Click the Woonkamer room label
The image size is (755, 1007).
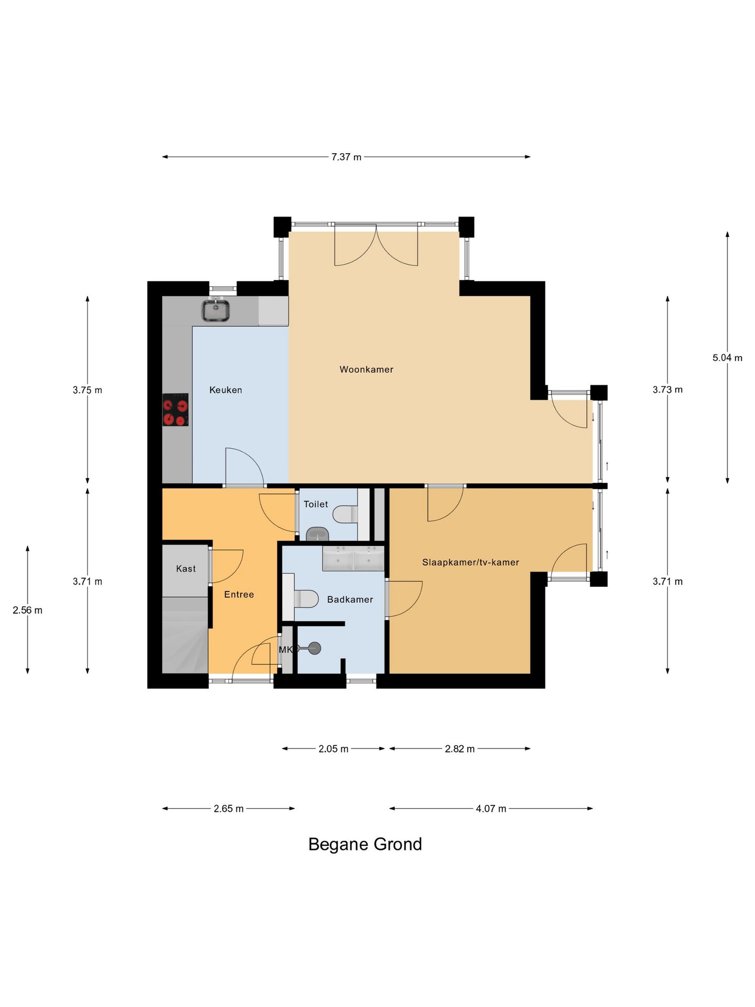366,369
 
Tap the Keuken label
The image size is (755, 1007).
225,390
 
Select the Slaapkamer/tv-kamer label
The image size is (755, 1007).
470,562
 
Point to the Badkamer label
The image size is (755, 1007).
350,599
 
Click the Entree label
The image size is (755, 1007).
239,594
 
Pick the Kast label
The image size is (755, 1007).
186,569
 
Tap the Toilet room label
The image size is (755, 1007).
316,504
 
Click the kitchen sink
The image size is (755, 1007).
215,309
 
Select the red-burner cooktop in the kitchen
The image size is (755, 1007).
175,410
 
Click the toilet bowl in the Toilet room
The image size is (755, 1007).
345,514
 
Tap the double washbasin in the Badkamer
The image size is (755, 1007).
353,558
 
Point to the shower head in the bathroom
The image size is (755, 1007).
314,648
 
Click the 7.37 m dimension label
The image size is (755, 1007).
346,157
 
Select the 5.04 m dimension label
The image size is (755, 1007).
727,358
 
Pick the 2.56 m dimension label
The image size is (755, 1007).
27,610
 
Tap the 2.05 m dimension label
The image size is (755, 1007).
333,748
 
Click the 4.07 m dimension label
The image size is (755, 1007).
491,808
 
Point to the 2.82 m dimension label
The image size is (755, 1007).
460,748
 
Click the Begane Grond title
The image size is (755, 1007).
365,844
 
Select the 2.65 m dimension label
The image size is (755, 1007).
229,808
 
